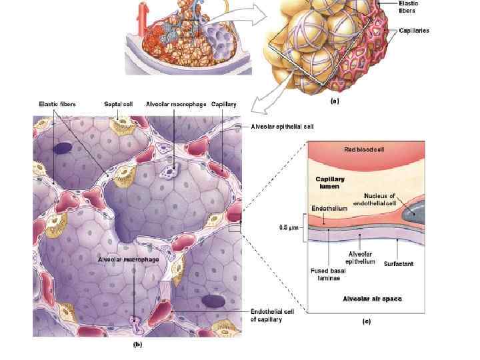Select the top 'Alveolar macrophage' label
click(x=175, y=104)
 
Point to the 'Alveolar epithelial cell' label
click(x=282, y=125)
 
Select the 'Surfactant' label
click(x=399, y=264)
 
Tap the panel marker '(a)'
click(x=335, y=103)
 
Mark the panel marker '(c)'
click(x=366, y=321)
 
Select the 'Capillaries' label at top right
click(x=414, y=31)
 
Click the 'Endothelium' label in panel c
click(x=330, y=209)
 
